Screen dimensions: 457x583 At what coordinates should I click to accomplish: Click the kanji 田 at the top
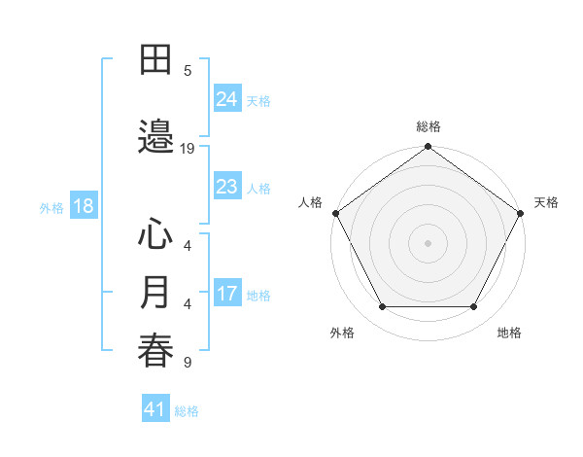click(155, 60)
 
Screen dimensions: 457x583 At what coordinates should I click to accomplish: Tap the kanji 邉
click(155, 134)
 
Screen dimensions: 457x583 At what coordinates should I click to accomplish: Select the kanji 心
click(155, 234)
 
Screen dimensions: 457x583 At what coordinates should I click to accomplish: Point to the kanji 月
click(155, 293)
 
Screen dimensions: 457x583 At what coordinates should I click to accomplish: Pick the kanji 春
click(155, 350)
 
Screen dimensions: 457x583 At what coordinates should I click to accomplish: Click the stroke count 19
click(188, 149)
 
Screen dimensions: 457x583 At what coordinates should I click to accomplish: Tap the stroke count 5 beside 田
click(188, 71)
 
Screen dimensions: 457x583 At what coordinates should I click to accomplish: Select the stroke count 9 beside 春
click(188, 364)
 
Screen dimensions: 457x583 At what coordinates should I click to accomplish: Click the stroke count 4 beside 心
click(188, 246)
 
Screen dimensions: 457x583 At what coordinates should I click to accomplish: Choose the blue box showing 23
click(227, 187)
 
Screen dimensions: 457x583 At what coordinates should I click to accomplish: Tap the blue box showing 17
click(227, 294)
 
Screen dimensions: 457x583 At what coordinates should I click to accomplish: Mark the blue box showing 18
click(83, 206)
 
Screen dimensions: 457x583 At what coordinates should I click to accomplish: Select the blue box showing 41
click(155, 409)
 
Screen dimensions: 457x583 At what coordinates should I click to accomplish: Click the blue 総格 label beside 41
click(187, 411)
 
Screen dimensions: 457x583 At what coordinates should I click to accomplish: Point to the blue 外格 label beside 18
click(51, 207)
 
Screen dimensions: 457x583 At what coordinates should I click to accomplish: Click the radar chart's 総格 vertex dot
click(428, 147)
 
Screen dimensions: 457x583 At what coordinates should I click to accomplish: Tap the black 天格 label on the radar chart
click(546, 202)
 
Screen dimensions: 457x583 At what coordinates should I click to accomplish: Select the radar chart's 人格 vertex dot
click(335, 213)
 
